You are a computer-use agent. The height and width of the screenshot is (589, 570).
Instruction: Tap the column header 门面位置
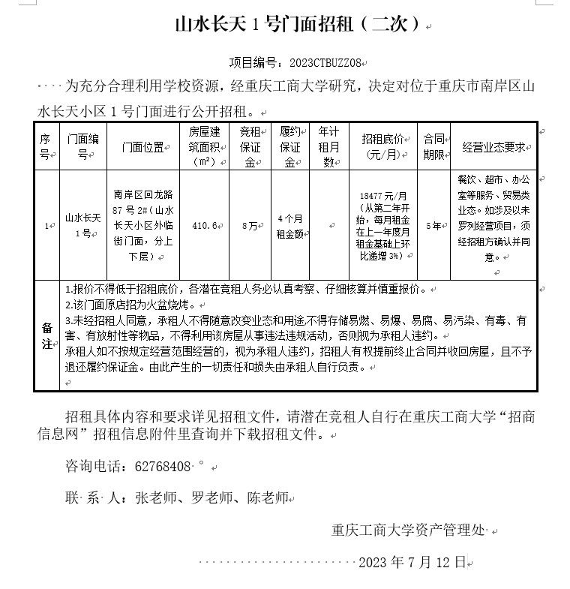point(143,147)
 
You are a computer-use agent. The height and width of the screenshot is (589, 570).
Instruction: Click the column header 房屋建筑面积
point(204,147)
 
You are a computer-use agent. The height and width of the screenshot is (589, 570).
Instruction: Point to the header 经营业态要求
point(493,147)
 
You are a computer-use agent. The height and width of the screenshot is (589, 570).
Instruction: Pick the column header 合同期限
point(433,147)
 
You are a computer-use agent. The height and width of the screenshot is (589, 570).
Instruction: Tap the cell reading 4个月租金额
point(290,225)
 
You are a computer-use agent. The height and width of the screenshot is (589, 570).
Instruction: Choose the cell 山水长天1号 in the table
point(82,225)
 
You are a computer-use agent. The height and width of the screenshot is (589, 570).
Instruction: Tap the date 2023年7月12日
point(412,562)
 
